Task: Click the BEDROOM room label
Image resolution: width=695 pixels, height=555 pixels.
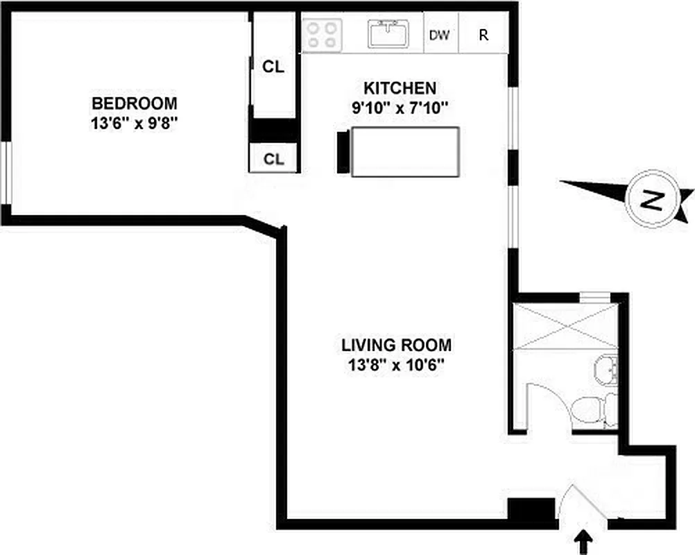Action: (135, 103)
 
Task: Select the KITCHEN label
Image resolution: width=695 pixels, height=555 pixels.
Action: (400, 88)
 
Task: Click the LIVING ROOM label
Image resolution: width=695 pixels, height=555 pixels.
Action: (396, 345)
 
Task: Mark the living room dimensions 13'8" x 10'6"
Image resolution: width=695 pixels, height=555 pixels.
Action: (396, 364)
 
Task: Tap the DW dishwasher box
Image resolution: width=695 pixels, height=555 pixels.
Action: (438, 35)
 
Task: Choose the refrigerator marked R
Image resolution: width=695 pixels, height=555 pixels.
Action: (483, 35)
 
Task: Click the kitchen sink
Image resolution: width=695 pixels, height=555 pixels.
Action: (388, 34)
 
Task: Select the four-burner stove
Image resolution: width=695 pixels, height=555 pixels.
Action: (323, 34)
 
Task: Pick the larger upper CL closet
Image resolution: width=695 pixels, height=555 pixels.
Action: (273, 67)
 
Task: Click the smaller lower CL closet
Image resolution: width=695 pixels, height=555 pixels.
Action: (273, 159)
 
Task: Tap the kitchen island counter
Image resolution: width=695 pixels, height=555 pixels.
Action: (404, 151)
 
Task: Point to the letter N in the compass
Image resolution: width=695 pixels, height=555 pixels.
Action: (650, 200)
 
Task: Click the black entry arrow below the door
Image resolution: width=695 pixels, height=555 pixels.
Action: (585, 539)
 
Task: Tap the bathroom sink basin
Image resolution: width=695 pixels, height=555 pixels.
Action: (605, 368)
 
